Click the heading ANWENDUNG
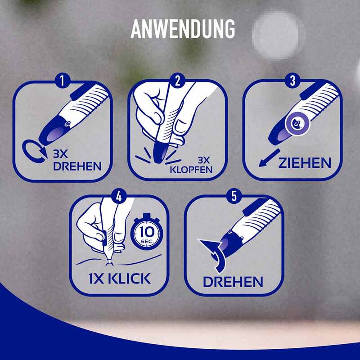183,29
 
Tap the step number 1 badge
63,81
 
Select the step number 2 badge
177,81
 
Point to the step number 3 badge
292,81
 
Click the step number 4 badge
119,197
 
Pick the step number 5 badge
234,197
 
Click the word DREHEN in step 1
77,166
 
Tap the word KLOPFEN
191,170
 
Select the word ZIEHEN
305,163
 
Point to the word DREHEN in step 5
233,282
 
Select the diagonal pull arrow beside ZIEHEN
269,158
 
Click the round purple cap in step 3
297,124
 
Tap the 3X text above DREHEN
60,154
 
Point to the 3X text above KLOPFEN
204,160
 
